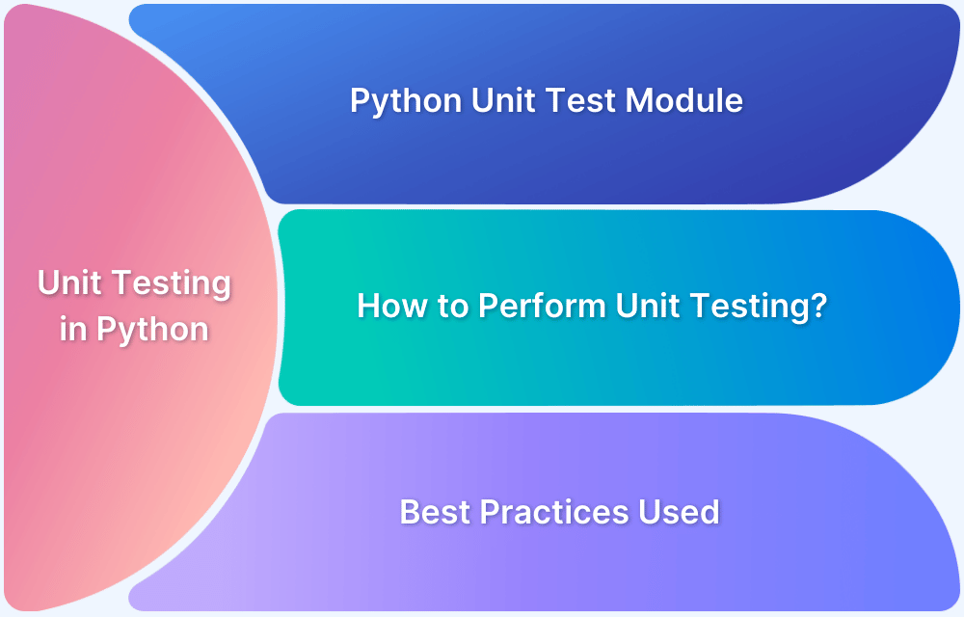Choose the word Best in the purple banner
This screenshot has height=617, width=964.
point(434,511)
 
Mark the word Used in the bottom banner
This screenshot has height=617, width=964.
point(681,511)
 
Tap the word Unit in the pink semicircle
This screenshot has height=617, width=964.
point(73,283)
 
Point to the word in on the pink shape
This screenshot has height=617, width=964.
point(72,330)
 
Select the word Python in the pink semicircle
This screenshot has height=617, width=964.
point(152,331)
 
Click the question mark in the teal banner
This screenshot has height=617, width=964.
point(819,307)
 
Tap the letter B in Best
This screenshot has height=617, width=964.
point(410,511)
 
